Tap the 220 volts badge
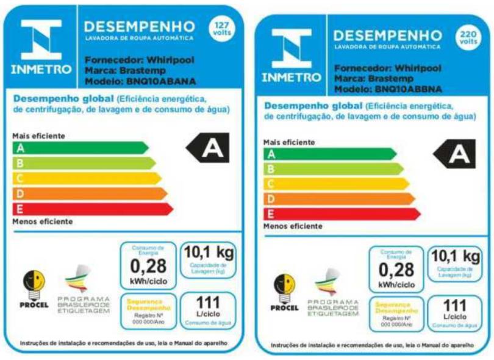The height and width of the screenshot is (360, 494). (x=468, y=38)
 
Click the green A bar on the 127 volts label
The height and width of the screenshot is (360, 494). (x=79, y=148)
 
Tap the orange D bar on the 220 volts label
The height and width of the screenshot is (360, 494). (x=338, y=199)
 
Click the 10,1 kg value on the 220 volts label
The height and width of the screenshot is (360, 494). (x=455, y=256)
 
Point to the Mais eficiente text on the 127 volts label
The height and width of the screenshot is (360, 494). (x=38, y=135)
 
